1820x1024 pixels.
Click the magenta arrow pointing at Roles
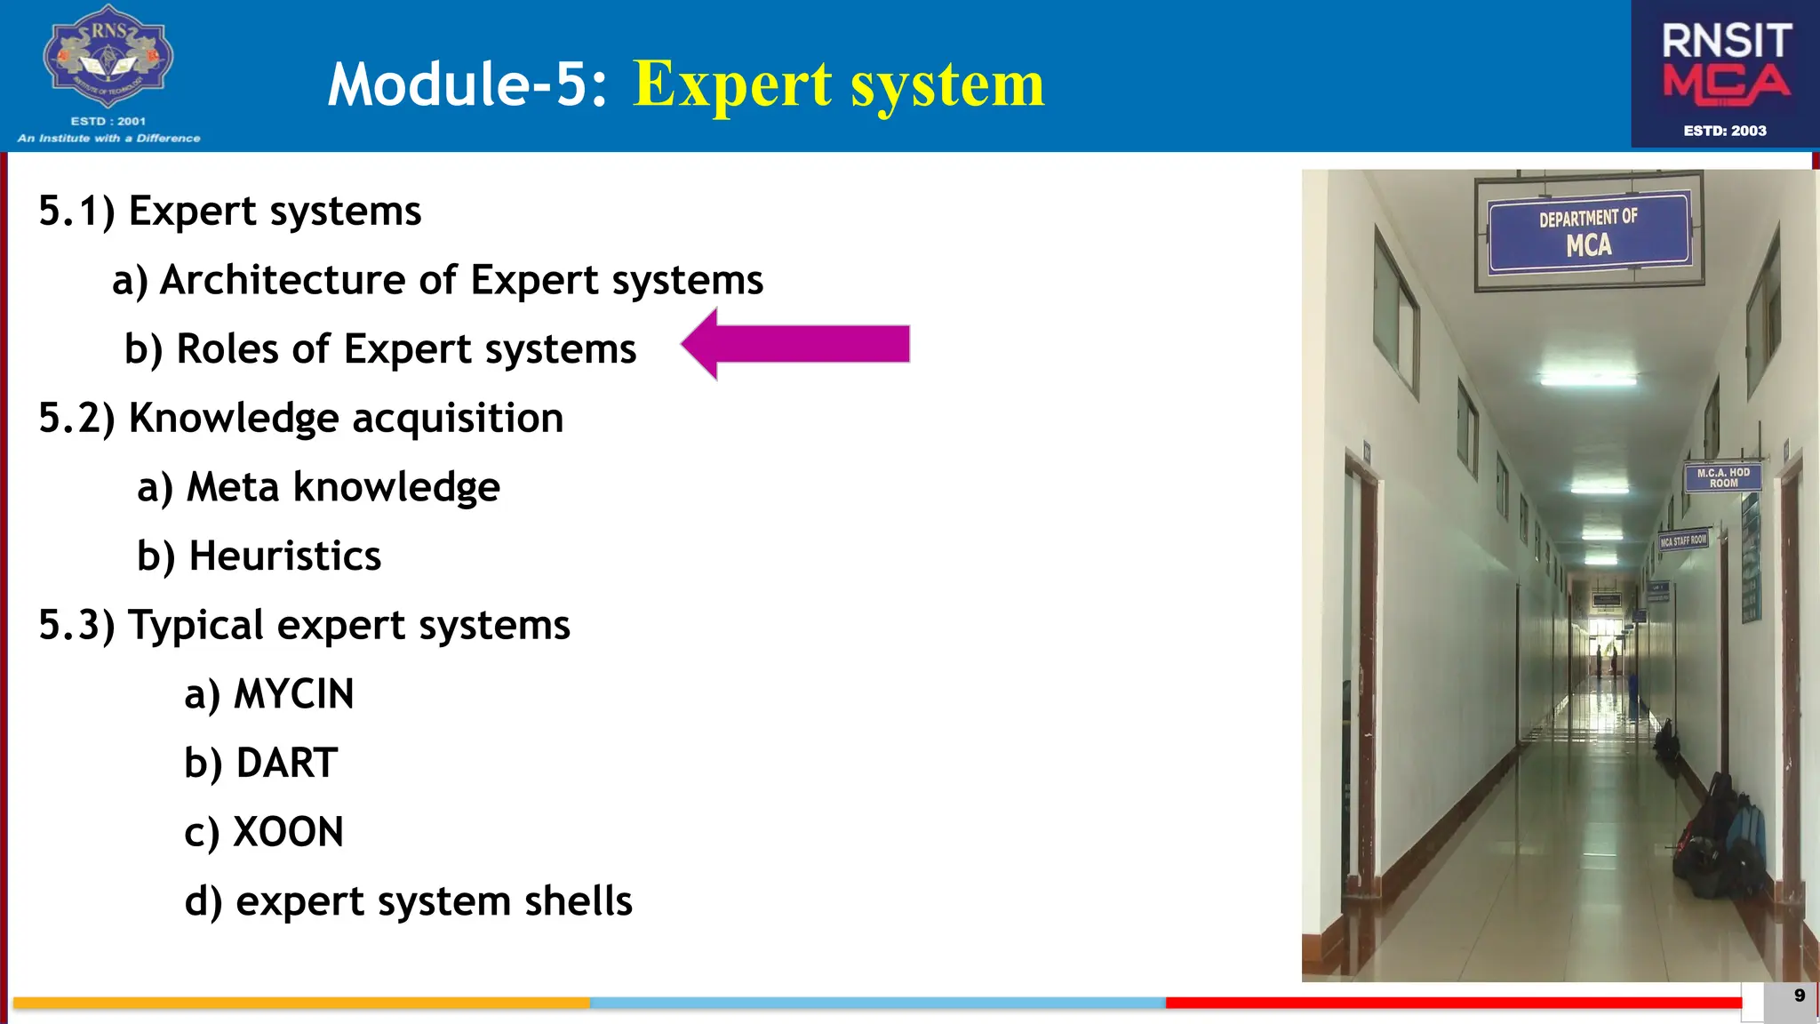[795, 344]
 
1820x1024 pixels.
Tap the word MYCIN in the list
[293, 694]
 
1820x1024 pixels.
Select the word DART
[286, 764]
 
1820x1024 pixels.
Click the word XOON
[288, 833]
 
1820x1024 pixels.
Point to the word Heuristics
[284, 556]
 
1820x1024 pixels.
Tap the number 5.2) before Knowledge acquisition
[76, 418]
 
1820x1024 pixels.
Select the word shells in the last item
[578, 901]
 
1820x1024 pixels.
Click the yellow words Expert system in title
[838, 84]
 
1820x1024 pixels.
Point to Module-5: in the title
[467, 84]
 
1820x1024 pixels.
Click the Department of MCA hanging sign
[1588, 231]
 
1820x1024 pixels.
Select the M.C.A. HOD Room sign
[1722, 477]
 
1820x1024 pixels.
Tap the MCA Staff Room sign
[1683, 540]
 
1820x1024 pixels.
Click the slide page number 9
[1800, 996]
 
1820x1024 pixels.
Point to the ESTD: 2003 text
[1725, 131]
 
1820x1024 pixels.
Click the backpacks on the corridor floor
[1720, 840]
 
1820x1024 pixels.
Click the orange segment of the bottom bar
[302, 1003]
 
